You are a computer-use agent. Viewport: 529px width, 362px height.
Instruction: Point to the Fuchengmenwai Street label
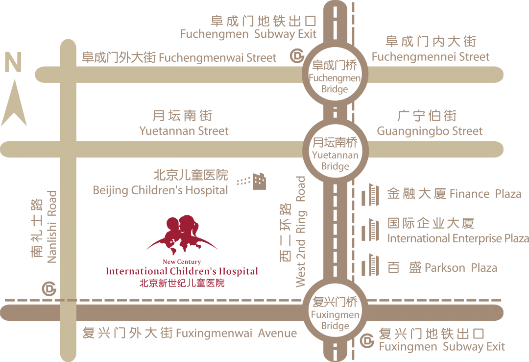tap(179, 58)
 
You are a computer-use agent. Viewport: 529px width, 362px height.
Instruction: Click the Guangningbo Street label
tap(429, 131)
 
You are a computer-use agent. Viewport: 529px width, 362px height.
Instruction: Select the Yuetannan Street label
tap(184, 131)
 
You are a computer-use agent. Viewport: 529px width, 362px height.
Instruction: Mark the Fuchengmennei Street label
tap(431, 57)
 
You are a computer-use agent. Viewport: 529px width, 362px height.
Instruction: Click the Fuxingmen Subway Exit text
tap(441, 347)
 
